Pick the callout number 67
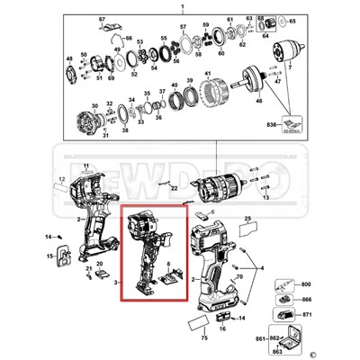click(103, 19)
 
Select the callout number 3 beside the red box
click(116, 282)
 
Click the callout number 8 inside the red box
click(166, 263)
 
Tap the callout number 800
click(306, 283)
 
